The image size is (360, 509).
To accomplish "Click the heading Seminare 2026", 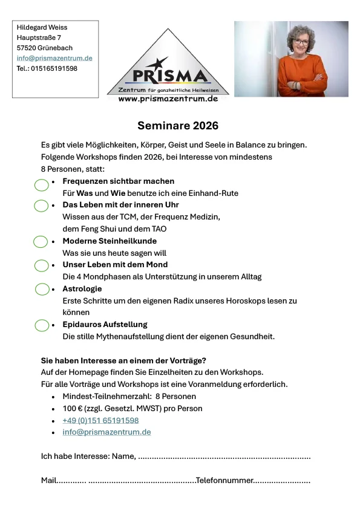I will click(177, 126).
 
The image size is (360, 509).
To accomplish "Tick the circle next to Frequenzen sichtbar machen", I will click(41, 186).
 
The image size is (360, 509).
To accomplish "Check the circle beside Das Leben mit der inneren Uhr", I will click(41, 206).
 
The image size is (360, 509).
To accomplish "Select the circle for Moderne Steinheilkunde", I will click(41, 242).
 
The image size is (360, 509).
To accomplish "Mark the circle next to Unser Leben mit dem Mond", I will click(41, 265).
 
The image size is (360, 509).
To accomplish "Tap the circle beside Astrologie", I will click(42, 289).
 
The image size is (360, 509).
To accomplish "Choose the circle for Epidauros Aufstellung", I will click(41, 325).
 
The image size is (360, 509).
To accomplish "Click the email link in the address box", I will click(54, 58).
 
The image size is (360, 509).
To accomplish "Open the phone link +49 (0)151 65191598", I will click(100, 420).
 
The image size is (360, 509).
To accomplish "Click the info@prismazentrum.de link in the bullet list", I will click(106, 432).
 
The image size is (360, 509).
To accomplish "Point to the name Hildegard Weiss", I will click(42, 27).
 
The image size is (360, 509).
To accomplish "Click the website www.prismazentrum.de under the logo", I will click(168, 99).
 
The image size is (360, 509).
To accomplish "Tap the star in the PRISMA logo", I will click(158, 63).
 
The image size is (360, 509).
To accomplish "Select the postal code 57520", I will click(27, 48).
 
